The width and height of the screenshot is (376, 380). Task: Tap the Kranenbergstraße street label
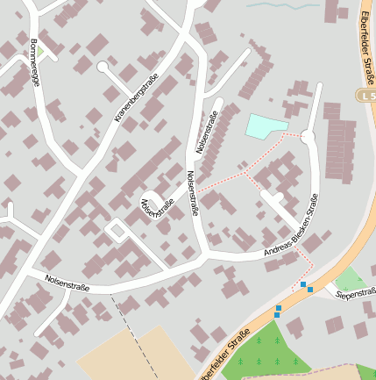click(x=136, y=97)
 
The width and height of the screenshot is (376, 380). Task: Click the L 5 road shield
click(x=366, y=94)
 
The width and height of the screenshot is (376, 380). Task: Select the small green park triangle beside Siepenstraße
click(x=350, y=279)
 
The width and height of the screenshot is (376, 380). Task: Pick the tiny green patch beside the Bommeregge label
click(x=40, y=52)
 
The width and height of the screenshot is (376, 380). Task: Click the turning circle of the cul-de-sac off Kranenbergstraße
click(x=103, y=67)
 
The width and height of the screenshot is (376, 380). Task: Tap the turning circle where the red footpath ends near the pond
click(x=308, y=136)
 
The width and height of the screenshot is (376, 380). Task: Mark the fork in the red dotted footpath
click(x=245, y=172)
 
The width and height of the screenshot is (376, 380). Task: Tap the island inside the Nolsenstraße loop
click(x=116, y=230)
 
